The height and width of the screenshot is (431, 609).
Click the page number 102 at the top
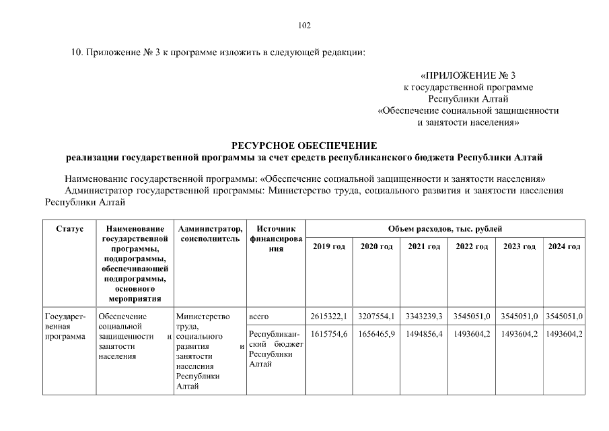pos(304,26)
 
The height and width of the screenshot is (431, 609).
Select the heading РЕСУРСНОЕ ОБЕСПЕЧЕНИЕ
pos(304,145)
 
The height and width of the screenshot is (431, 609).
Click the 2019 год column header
pos(329,247)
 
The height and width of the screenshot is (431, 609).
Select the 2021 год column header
pos(424,247)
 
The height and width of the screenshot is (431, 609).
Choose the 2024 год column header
pos(564,247)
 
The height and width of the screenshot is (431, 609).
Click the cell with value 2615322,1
pos(329,316)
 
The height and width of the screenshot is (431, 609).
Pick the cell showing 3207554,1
pos(377,316)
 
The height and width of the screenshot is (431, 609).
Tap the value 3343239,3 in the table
pos(424,316)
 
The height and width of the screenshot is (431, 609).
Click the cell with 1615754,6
pos(329,334)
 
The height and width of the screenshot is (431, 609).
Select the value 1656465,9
pos(377,334)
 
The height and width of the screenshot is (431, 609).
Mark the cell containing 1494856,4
pos(424,334)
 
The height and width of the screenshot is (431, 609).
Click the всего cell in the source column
pos(259,316)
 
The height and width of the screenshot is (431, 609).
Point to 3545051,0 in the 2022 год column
pos(472,316)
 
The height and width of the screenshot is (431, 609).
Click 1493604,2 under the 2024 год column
pos(564,334)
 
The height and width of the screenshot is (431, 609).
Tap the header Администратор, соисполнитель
pos(209,234)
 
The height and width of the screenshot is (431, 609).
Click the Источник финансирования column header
pos(276,239)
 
